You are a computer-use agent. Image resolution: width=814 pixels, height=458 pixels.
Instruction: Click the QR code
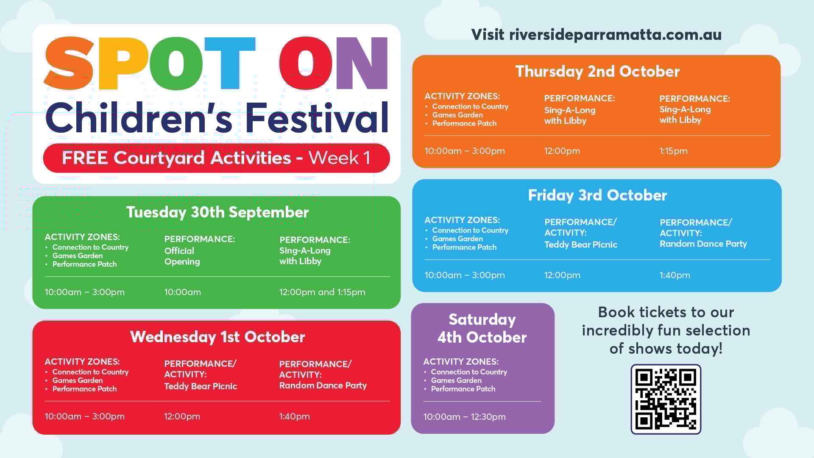click(x=666, y=399)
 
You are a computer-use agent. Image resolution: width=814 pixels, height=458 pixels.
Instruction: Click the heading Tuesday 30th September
click(x=217, y=212)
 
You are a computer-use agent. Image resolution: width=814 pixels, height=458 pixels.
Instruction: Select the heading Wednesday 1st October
click(x=217, y=337)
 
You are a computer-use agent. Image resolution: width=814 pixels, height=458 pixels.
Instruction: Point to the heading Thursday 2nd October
click(x=597, y=71)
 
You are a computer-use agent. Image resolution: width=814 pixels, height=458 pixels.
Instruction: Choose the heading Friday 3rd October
click(x=597, y=195)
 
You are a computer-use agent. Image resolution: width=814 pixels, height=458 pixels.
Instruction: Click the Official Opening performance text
click(x=182, y=256)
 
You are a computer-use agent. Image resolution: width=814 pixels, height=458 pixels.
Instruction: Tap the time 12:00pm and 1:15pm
click(x=322, y=292)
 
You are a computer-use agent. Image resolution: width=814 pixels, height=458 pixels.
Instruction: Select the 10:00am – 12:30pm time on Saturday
click(x=465, y=416)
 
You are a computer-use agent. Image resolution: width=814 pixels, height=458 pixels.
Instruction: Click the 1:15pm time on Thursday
click(x=673, y=151)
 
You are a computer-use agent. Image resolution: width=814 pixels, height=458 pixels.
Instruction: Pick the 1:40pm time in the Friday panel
click(x=675, y=275)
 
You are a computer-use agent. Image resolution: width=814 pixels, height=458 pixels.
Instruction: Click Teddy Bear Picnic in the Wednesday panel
click(x=201, y=386)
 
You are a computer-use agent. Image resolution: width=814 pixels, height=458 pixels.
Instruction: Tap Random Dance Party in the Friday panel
click(x=703, y=244)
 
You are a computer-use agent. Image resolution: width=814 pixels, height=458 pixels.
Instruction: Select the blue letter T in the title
click(x=230, y=63)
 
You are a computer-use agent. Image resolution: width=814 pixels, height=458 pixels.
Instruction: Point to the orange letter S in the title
click(x=69, y=64)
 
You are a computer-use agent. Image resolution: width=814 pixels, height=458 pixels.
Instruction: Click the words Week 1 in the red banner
click(x=339, y=158)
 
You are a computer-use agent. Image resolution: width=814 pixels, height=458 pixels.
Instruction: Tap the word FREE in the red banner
click(x=85, y=158)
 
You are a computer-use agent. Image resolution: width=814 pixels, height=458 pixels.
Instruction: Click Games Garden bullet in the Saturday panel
click(x=456, y=380)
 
